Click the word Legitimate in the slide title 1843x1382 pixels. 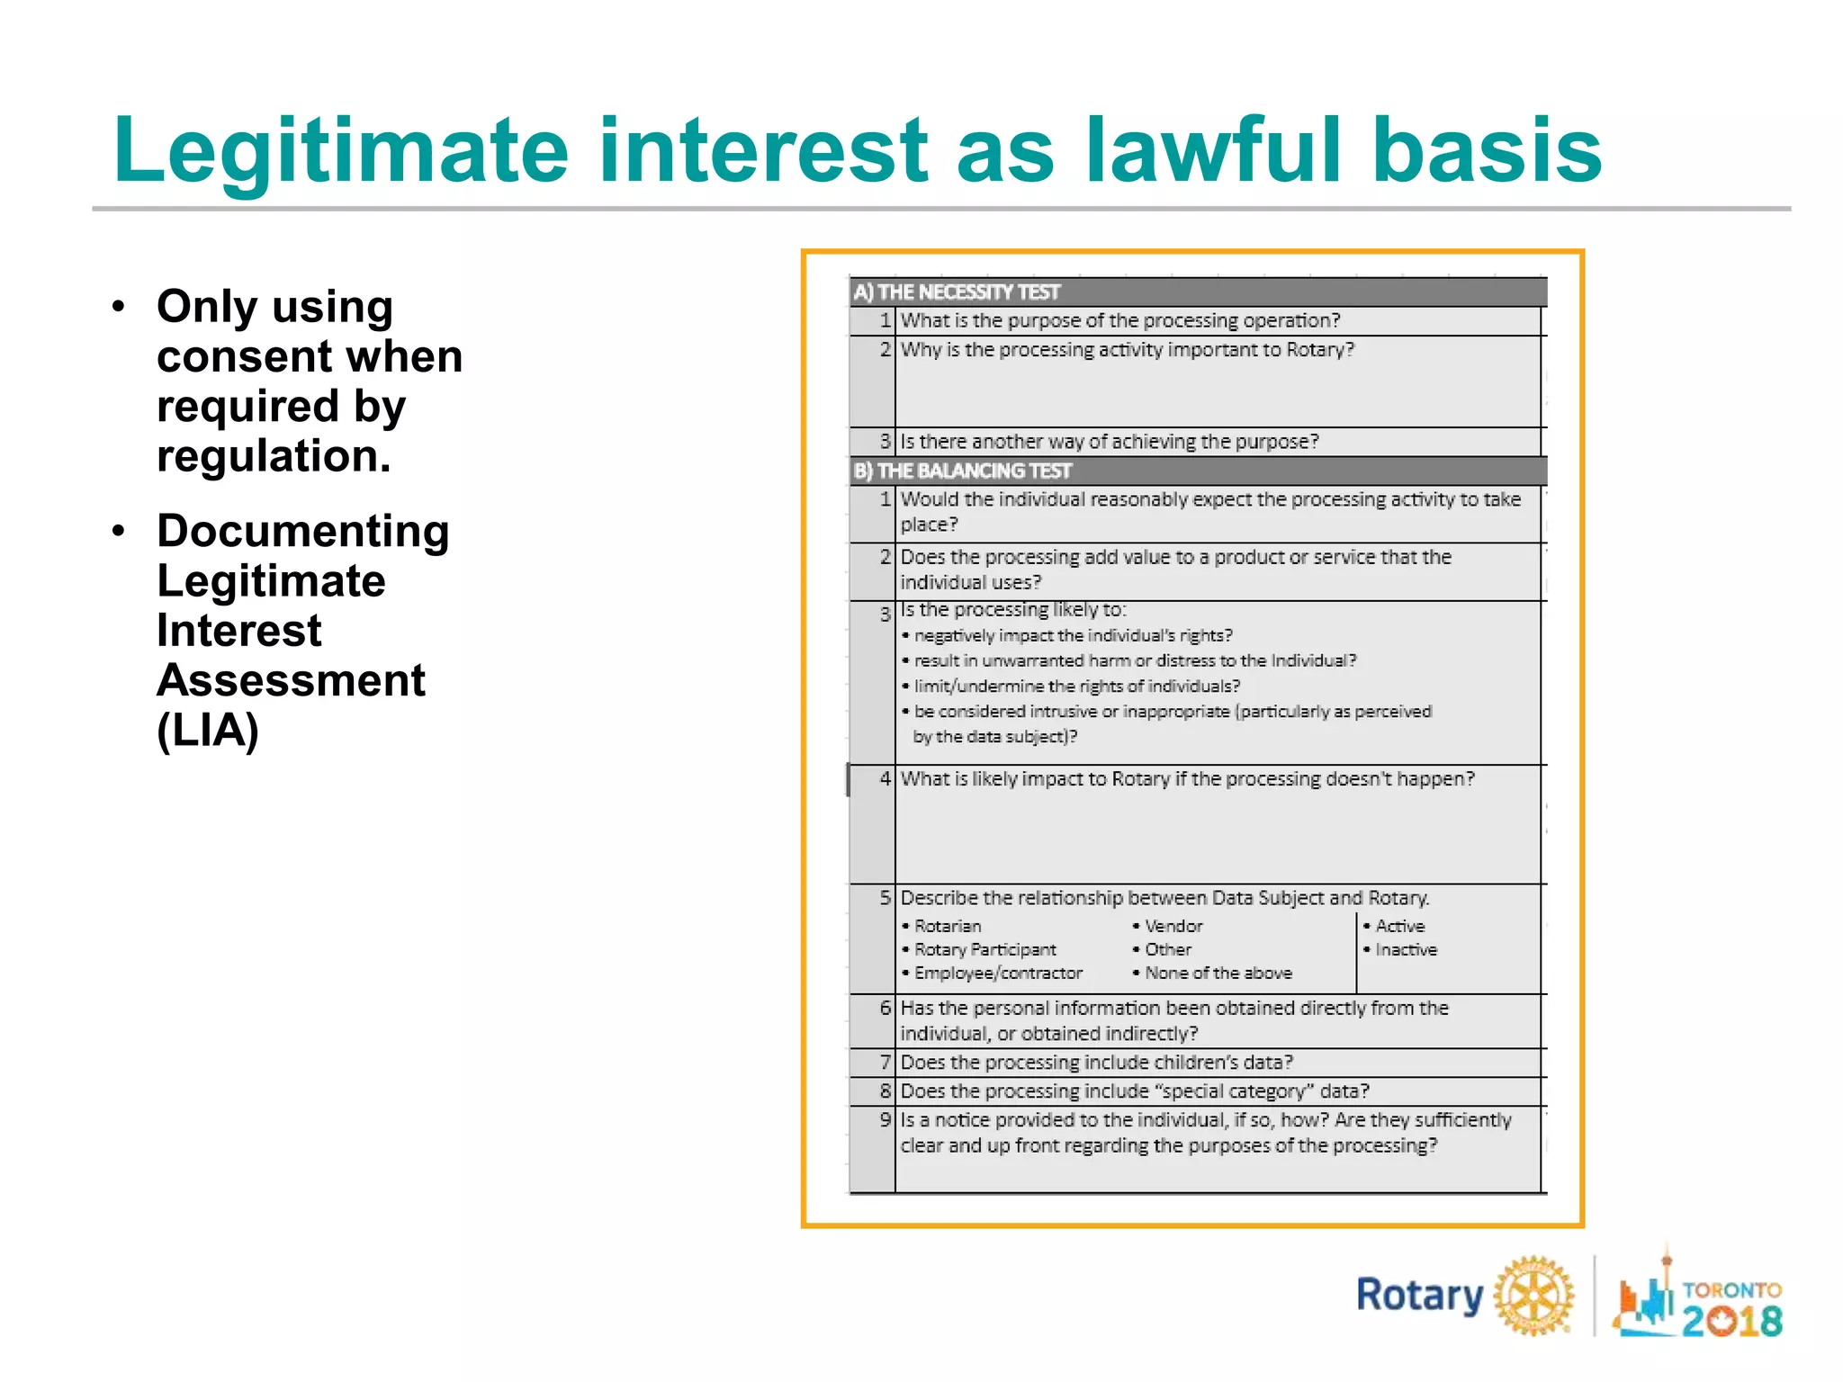[x=340, y=151]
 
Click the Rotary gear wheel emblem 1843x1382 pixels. [x=1534, y=1296]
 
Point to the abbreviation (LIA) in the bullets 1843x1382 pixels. [x=208, y=730]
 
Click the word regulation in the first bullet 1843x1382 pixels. [x=274, y=456]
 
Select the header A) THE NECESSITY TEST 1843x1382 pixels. [x=957, y=292]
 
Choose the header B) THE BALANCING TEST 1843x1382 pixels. [x=962, y=471]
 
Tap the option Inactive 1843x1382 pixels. [x=1406, y=949]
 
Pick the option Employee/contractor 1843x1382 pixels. [x=998, y=973]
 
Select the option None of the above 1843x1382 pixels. [x=1218, y=973]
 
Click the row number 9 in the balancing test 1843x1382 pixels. [x=886, y=1120]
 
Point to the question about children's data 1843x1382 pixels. [x=1096, y=1063]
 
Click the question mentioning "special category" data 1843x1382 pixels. [x=1134, y=1091]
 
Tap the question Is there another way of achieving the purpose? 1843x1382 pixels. [x=1109, y=442]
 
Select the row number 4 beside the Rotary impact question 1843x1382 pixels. [x=886, y=778]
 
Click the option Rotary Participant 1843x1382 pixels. [x=984, y=949]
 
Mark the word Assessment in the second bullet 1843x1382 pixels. [x=291, y=680]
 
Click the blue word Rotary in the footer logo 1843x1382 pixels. [x=1419, y=1296]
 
